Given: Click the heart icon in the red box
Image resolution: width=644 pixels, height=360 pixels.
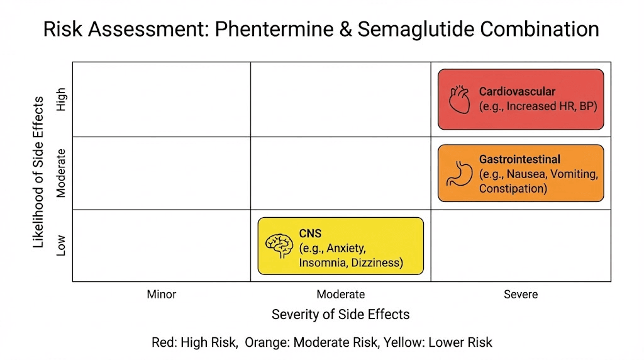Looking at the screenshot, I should click(460, 99).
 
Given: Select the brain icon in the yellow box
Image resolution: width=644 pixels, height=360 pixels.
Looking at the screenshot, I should click(279, 245).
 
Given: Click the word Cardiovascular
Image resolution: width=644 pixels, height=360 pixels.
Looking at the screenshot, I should click(517, 92).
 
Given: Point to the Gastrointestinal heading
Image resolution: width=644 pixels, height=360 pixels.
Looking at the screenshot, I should click(519, 159).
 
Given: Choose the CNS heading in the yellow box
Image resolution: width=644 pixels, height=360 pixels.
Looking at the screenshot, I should click(310, 233).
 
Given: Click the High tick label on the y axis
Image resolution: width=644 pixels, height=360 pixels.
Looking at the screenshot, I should click(61, 99).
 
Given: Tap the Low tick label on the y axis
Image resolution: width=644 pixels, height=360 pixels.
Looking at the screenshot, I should click(61, 245).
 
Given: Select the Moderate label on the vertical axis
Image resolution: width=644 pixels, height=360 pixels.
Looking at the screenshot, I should click(61, 173).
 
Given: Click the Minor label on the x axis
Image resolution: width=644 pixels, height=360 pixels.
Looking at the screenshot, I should click(162, 294).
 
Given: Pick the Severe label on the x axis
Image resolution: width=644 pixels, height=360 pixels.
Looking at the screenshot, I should click(521, 294).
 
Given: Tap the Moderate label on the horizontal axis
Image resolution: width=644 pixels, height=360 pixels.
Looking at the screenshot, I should click(340, 294).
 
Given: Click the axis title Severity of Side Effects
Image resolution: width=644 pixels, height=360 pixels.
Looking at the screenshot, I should click(340, 314).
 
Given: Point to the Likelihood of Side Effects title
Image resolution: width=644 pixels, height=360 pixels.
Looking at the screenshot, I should click(39, 172).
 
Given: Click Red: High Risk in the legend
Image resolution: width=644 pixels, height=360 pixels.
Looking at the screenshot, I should click(195, 342).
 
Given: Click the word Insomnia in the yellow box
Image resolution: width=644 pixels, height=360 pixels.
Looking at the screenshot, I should click(321, 262).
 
